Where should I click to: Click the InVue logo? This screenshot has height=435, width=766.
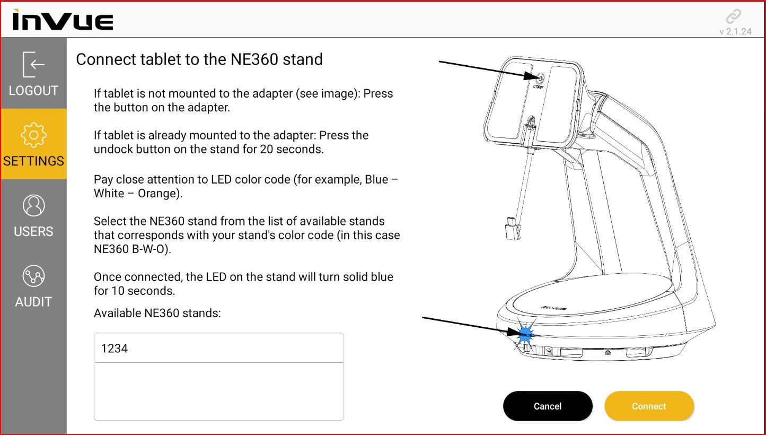63,20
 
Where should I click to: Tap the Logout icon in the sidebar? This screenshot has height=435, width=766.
33,64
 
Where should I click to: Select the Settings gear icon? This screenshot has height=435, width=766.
33,135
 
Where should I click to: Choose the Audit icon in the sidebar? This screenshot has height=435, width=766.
33,276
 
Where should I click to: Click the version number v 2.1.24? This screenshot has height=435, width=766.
735,31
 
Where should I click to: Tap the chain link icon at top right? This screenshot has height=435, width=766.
734,16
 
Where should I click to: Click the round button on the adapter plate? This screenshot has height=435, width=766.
540,79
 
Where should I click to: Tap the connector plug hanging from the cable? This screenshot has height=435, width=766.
513,229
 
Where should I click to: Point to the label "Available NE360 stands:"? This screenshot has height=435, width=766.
157,313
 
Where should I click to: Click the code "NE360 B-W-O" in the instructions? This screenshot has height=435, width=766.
131,249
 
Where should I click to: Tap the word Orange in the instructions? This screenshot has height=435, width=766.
159,194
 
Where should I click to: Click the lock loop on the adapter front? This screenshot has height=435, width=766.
531,123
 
